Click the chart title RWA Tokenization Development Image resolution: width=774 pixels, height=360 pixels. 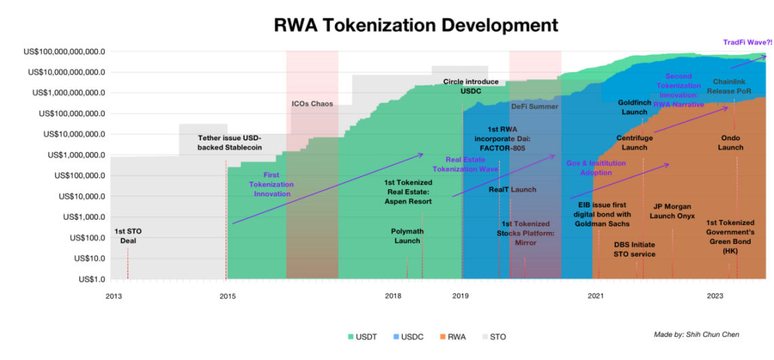click(416, 25)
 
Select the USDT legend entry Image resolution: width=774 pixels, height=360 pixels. click(363, 336)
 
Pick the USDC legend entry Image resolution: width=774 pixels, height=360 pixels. click(406, 336)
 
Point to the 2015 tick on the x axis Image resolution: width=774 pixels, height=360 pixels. click(227, 296)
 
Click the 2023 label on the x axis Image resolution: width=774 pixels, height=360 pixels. click(715, 296)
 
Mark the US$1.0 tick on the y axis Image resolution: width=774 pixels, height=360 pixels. click(86, 279)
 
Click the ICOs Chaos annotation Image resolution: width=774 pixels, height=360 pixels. click(312, 104)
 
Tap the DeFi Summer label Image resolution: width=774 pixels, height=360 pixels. click(534, 106)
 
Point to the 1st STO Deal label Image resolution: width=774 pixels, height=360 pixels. click(128, 236)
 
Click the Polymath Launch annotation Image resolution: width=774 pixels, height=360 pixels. click(407, 236)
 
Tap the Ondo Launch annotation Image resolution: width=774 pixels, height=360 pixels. click(731, 142)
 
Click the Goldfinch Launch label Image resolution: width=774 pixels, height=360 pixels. click(635, 107)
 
